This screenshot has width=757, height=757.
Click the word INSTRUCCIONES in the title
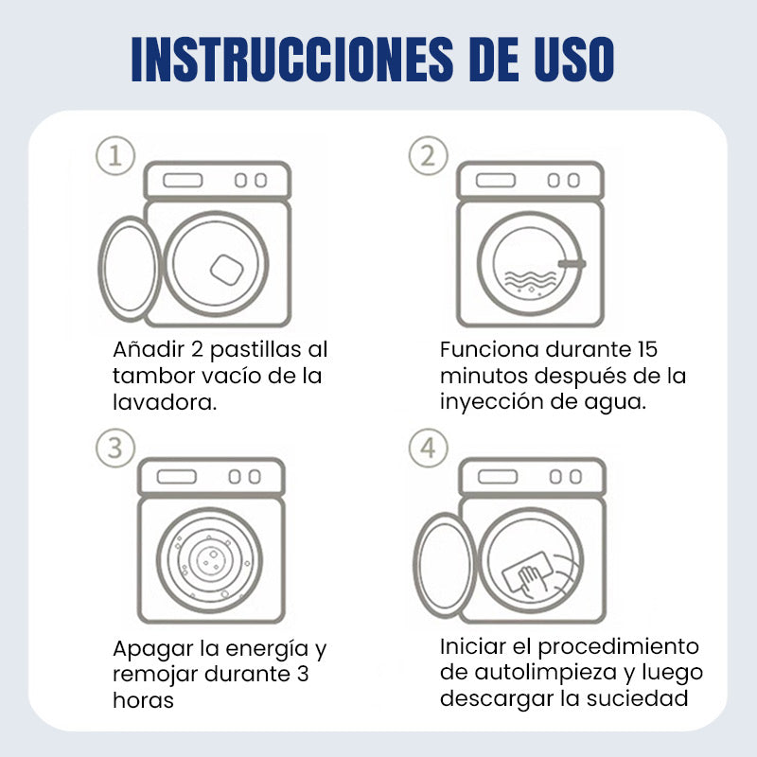point(292,59)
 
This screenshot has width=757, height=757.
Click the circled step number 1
point(115,155)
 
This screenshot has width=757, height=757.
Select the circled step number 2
point(429,155)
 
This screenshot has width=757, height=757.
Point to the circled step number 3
point(115,448)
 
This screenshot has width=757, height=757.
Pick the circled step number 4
point(429,448)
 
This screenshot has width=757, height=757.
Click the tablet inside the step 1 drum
point(226,270)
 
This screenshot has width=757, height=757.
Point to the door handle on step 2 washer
point(572,264)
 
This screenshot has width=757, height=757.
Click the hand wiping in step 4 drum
point(531,580)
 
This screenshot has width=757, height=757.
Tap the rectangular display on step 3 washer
point(177,477)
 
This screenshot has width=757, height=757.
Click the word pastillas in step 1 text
point(250,350)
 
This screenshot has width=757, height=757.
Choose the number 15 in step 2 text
point(647,349)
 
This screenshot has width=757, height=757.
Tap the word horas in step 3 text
point(143,700)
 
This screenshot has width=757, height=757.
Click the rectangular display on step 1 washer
point(183,181)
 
